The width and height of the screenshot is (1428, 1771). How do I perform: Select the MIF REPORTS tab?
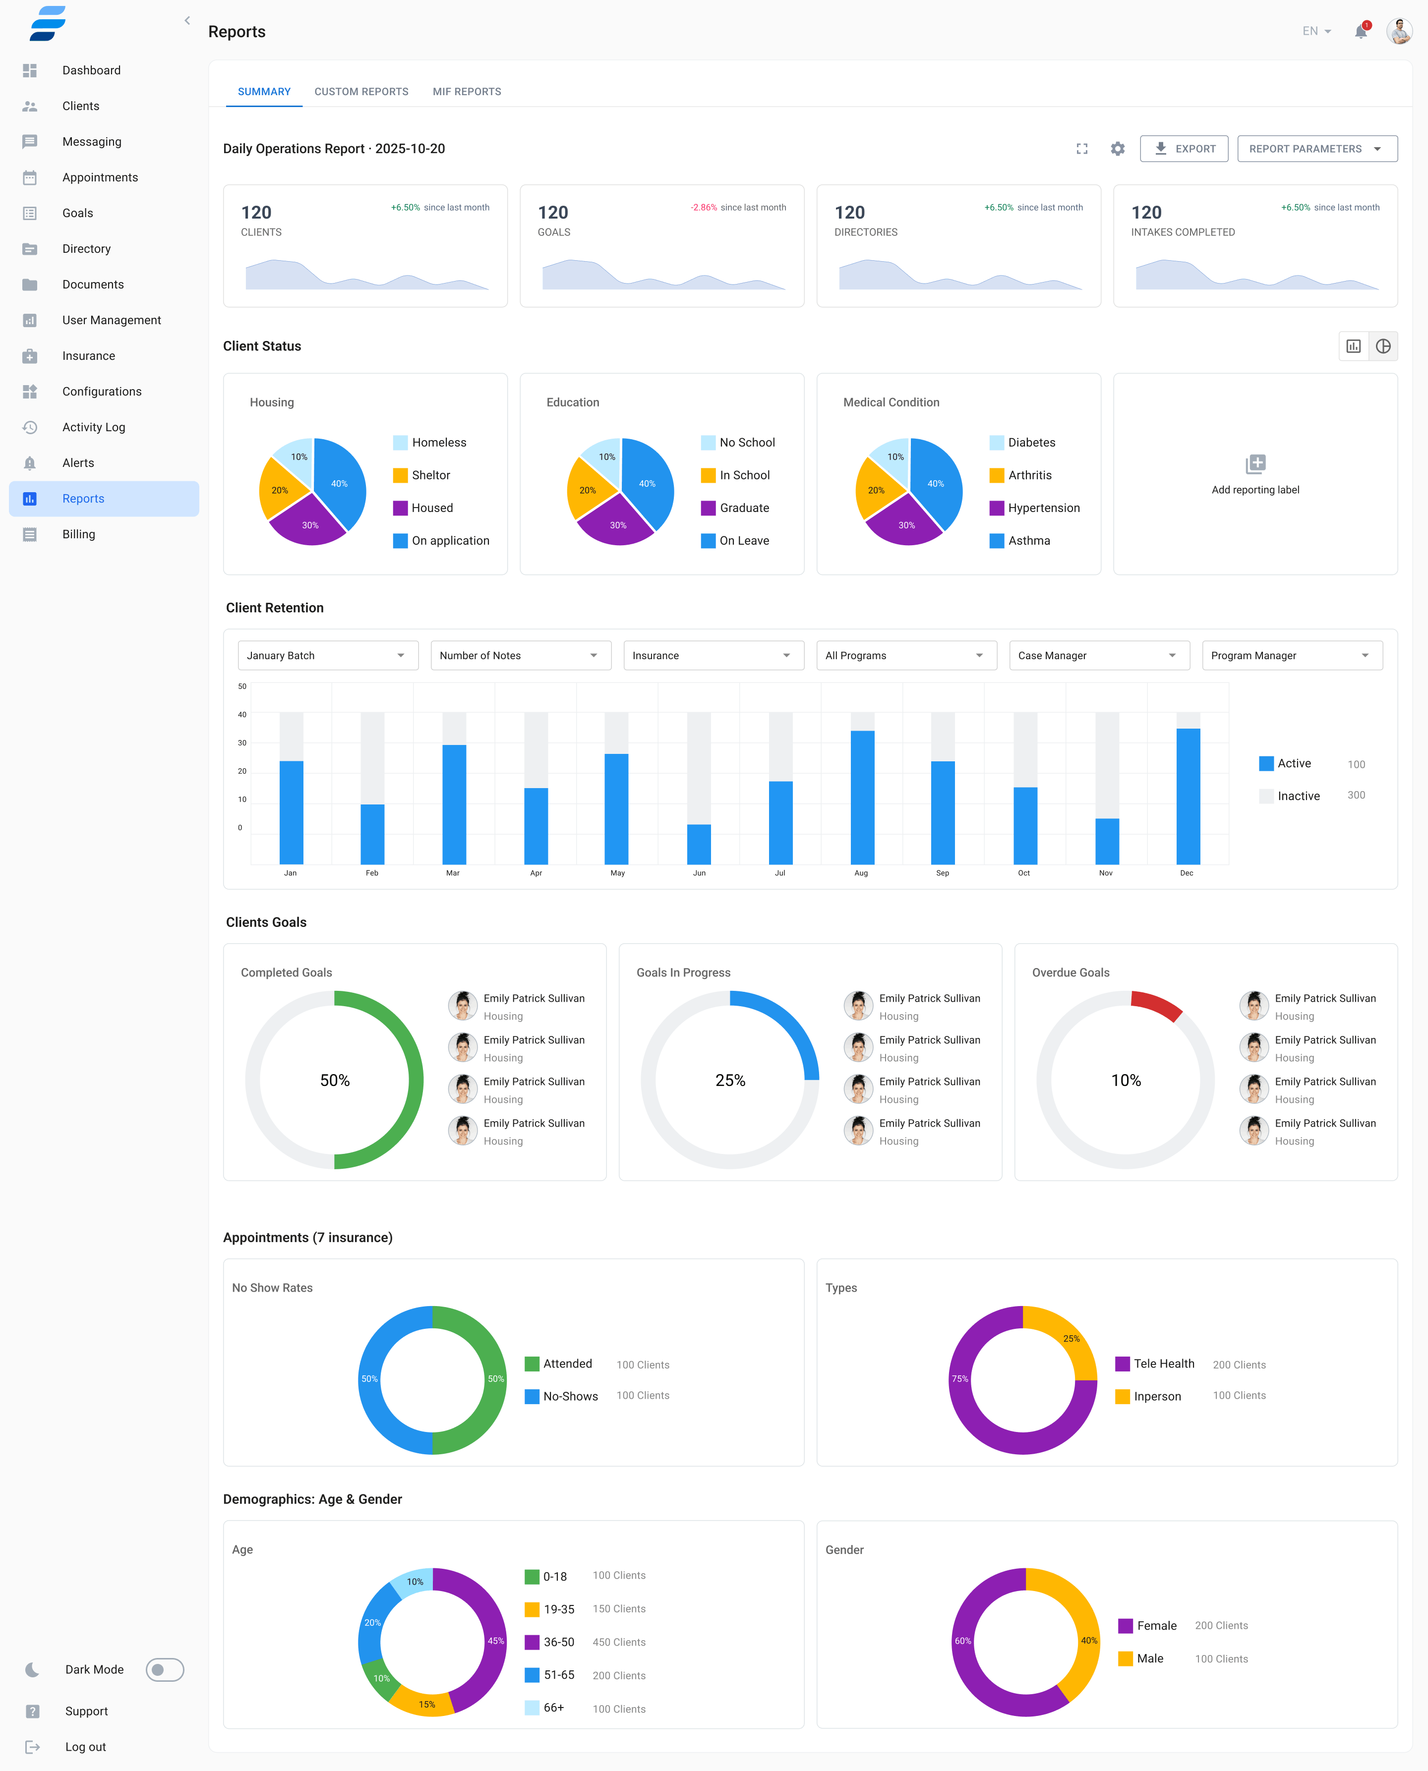tap(467, 91)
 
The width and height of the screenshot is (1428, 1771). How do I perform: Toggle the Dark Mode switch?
tap(165, 1669)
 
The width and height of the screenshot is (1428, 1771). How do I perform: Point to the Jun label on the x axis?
tap(699, 873)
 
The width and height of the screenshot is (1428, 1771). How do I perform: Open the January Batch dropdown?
tap(327, 655)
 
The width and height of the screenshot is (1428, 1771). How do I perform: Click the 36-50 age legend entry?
tap(558, 1642)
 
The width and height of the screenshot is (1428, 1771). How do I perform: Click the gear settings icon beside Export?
tap(1117, 149)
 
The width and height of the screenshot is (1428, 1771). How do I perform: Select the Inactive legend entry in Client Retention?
tap(1298, 796)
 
